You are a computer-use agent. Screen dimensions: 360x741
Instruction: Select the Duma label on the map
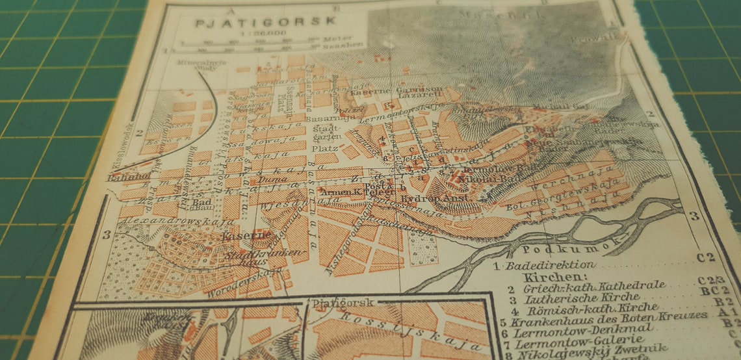click(x=272, y=179)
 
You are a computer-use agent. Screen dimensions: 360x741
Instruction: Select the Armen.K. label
click(x=341, y=192)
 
